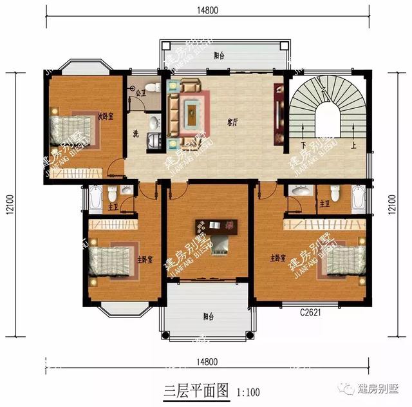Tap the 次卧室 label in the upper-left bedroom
(x=106, y=116)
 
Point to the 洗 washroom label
(x=136, y=134)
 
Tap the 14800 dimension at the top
(x=207, y=9)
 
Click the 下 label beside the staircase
(x=303, y=144)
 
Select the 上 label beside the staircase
(x=353, y=144)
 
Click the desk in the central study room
(x=217, y=227)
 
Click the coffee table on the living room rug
(x=191, y=113)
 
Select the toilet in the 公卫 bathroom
(x=151, y=87)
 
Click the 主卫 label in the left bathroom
(x=112, y=207)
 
